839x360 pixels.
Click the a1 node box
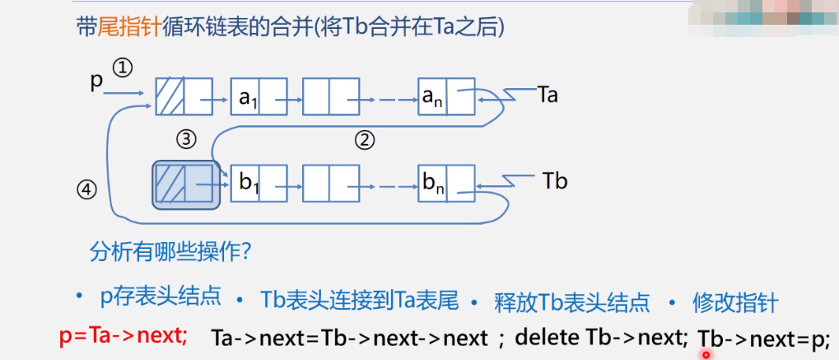[x=259, y=96]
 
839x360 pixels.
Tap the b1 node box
[x=259, y=183]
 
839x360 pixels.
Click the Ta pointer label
[x=548, y=94]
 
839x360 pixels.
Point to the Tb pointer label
[x=556, y=180]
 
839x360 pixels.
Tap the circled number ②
[x=365, y=140]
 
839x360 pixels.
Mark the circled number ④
[x=86, y=190]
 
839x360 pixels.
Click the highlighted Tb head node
[x=186, y=184]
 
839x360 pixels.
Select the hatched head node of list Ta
[x=184, y=96]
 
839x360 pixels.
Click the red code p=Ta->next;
[x=124, y=337]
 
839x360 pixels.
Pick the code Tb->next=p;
[x=764, y=338]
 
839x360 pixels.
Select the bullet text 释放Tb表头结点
[x=571, y=302]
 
